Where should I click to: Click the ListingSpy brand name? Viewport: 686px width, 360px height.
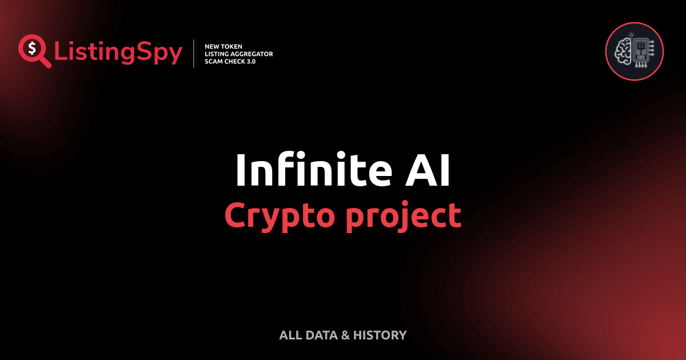pos(118,53)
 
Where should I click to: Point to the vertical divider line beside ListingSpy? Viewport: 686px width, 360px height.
pos(194,54)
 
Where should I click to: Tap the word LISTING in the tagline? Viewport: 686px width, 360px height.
pos(217,54)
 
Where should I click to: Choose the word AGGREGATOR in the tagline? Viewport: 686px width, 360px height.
pos(253,54)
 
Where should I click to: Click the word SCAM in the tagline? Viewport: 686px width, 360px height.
pos(214,62)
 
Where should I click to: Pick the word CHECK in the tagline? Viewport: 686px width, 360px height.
pos(236,62)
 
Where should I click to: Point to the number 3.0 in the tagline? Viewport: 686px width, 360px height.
pos(252,62)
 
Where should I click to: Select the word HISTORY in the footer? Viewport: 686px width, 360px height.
pos(380,335)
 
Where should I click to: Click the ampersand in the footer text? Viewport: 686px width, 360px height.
pos(345,335)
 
